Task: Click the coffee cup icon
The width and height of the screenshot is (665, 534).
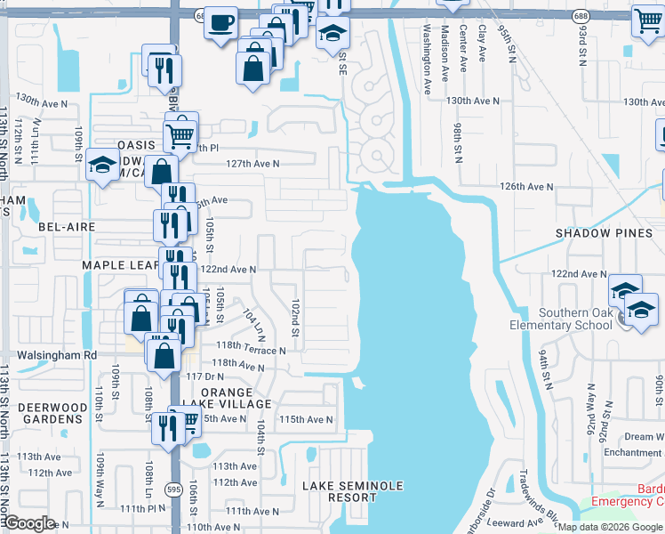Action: [x=221, y=22]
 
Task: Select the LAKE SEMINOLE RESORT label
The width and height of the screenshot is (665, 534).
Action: [x=352, y=491]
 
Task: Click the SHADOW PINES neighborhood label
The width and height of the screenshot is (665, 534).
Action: [x=603, y=233]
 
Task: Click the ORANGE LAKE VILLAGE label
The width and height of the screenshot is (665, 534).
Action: [x=235, y=398]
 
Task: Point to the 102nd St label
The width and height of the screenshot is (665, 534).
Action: [x=294, y=311]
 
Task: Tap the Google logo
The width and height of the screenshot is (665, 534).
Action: [x=30, y=523]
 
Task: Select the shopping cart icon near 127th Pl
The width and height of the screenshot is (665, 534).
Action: [x=180, y=135]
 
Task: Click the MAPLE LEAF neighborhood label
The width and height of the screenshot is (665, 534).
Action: [x=120, y=265]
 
